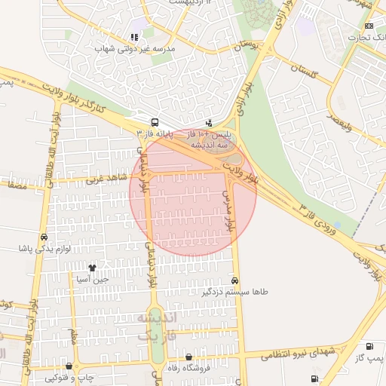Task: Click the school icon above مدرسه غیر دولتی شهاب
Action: [134, 36]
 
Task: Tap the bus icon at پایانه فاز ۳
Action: [155, 122]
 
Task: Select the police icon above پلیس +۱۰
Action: [209, 122]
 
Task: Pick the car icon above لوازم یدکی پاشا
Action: [44, 237]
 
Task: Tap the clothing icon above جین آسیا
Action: [92, 268]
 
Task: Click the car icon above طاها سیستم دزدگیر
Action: [235, 280]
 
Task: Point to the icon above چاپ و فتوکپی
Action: [69, 366]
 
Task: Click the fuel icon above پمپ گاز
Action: [369, 346]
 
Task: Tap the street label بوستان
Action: [250, 45]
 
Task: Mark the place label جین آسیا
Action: [93, 279]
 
